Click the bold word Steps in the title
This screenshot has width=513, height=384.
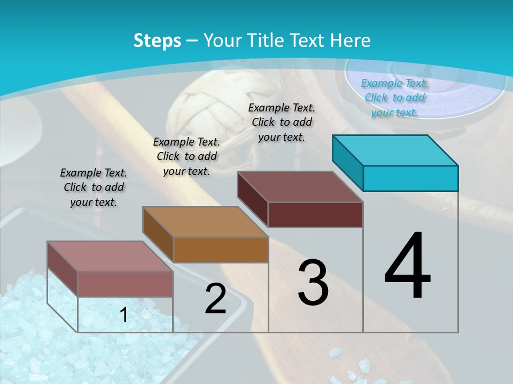(x=157, y=41)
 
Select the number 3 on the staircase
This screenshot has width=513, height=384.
(x=313, y=283)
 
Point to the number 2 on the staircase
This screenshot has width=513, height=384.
(x=215, y=299)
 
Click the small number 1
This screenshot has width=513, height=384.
(x=124, y=315)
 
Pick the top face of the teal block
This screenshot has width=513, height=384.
(x=395, y=150)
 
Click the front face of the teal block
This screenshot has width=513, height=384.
(x=410, y=178)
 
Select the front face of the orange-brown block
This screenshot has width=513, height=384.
(x=221, y=250)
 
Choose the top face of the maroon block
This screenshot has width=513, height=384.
(x=300, y=187)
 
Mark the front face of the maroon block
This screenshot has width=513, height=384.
(x=315, y=214)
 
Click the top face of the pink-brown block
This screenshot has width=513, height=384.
(x=111, y=256)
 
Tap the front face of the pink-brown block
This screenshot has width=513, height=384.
(x=125, y=284)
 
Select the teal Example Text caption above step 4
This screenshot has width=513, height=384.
(x=394, y=98)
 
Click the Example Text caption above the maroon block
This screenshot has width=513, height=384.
(x=282, y=122)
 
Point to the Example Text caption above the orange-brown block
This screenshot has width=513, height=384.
(x=186, y=156)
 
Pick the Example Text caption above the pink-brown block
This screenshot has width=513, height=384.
(x=94, y=187)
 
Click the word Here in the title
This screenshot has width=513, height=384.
(x=351, y=41)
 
